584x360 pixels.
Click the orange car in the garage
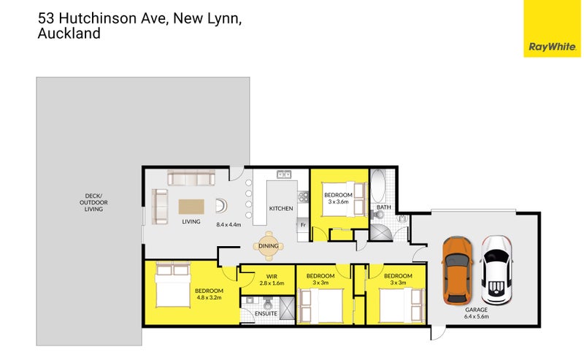click(x=456, y=271)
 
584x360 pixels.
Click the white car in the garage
click(x=496, y=269)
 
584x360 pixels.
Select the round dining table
click(x=268, y=246)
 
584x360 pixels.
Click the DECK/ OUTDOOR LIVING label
click(x=93, y=202)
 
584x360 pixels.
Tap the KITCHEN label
click(x=281, y=209)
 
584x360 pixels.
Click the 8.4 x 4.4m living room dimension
click(x=229, y=225)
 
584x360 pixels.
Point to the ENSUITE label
click(x=265, y=314)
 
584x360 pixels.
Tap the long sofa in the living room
click(x=191, y=177)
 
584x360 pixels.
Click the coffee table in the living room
click(x=192, y=205)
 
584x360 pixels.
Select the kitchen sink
click(x=283, y=175)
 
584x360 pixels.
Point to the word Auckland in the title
click(x=68, y=34)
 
